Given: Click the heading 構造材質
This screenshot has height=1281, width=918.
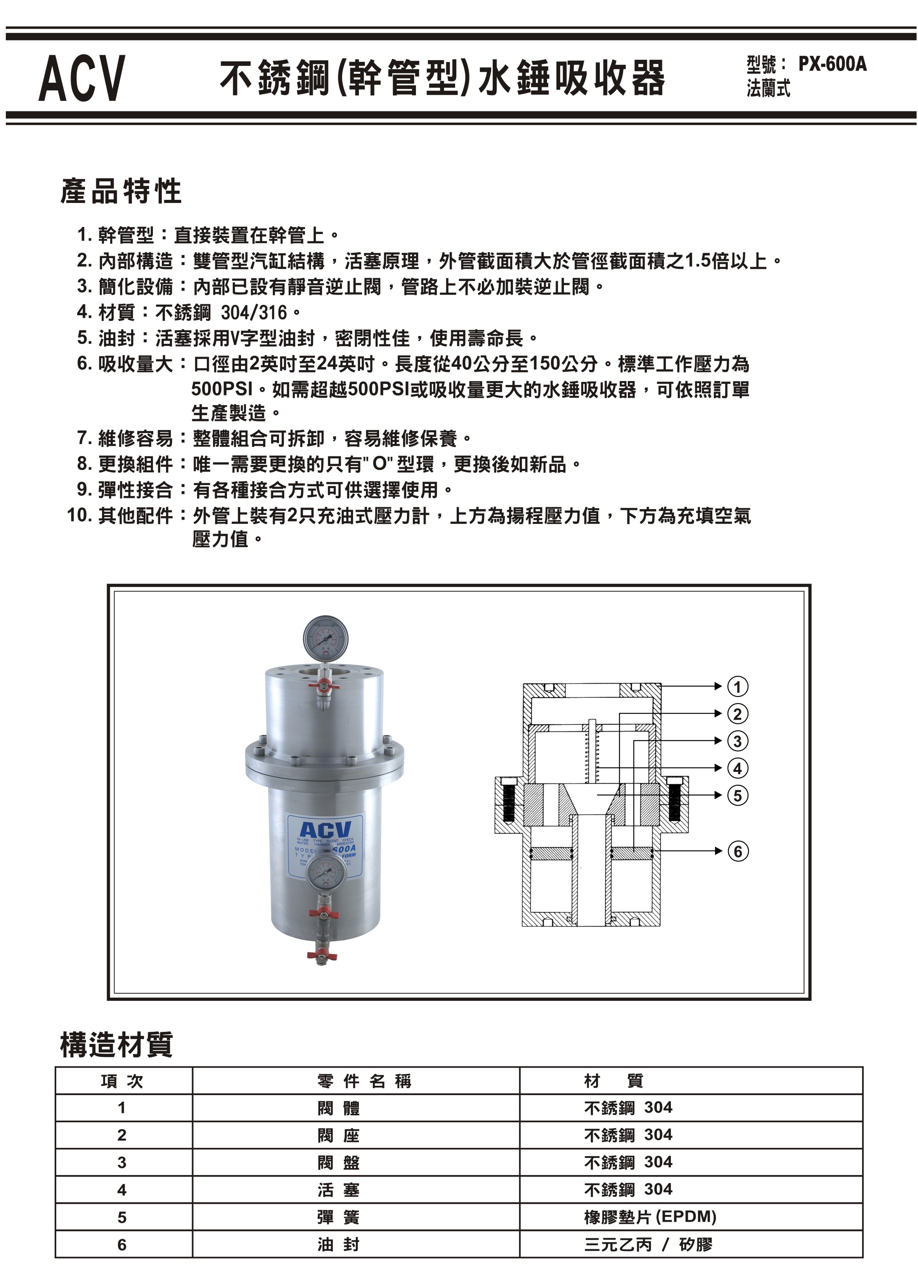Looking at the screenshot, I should [116, 1044].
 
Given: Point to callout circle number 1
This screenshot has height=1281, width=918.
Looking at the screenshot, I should [737, 687].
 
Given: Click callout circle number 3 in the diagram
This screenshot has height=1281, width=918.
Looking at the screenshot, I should [737, 741].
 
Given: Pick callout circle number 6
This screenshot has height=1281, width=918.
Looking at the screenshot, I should [737, 851].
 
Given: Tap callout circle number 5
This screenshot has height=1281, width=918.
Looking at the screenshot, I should [737, 795].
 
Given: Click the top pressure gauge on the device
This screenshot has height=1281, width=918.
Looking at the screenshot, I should [326, 639].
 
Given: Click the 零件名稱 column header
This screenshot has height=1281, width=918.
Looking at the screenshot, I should [364, 1081].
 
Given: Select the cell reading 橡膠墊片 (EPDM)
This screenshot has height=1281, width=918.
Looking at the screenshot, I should [650, 1217].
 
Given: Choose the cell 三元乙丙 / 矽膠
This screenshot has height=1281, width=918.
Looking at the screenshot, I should [648, 1244].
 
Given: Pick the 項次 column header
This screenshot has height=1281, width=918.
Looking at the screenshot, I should [122, 1081].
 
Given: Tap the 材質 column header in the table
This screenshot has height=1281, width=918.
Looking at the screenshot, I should [613, 1081].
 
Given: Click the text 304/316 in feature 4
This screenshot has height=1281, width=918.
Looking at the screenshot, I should [254, 312].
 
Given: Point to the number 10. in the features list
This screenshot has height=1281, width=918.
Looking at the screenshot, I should [79, 515].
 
